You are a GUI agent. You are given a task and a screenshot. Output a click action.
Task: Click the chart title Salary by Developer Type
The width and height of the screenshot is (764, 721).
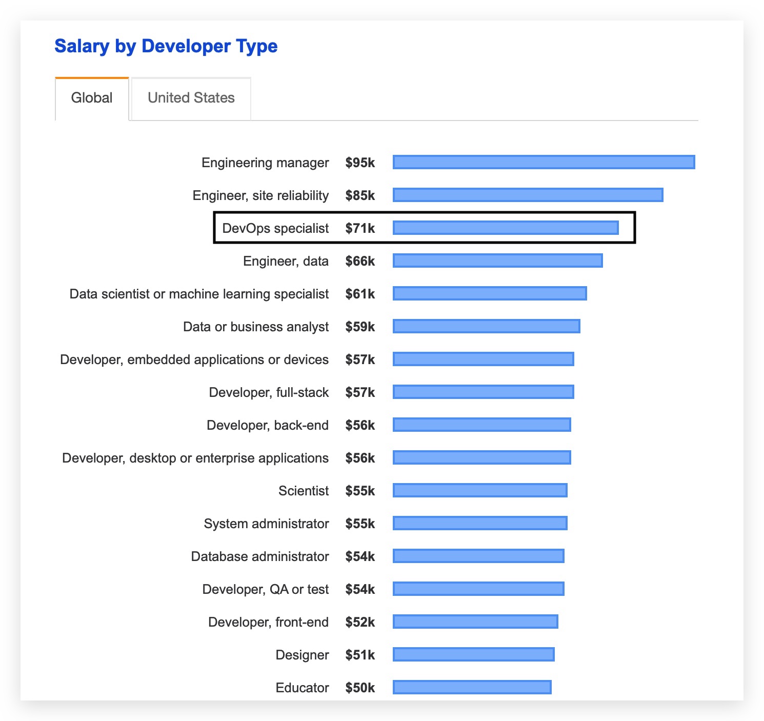point(166,46)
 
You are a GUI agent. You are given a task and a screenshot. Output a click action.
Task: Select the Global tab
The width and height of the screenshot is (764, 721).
point(92,98)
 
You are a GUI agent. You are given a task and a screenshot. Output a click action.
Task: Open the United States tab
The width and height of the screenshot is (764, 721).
point(191,98)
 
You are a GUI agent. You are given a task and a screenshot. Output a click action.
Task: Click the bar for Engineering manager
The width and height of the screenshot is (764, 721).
point(544,162)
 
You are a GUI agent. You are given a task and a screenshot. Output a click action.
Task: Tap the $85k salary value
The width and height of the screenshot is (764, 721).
point(360,195)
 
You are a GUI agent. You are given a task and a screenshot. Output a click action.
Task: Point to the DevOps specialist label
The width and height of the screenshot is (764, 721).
point(275,228)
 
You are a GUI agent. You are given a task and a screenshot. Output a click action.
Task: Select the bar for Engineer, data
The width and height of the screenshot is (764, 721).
point(497,261)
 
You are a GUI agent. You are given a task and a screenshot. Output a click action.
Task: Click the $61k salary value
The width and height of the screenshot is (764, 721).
point(360,294)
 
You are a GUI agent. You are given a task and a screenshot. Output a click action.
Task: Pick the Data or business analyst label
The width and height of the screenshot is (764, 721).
point(256,327)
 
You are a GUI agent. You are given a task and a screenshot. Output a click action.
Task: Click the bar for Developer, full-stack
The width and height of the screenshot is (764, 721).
point(483,392)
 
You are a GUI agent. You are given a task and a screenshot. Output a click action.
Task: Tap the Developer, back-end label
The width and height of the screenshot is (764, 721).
point(268,425)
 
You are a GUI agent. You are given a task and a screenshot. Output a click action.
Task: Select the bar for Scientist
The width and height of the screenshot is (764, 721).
point(480,490)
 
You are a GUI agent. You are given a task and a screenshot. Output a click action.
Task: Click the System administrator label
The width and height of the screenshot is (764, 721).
point(266,524)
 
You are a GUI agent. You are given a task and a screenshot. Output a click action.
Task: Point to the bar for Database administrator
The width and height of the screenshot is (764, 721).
point(478,556)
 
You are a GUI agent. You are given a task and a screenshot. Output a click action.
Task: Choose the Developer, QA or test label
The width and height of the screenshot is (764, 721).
point(266,589)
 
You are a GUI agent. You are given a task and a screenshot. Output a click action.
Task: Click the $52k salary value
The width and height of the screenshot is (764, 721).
point(360,622)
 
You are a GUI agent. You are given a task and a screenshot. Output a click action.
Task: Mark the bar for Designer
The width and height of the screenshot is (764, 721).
point(473,654)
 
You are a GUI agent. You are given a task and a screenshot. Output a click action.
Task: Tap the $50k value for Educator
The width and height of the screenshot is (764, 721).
point(360,688)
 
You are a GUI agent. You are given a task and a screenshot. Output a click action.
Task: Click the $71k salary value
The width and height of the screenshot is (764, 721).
point(360,228)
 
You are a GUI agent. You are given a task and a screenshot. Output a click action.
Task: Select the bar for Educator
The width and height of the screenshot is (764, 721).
point(472,687)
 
